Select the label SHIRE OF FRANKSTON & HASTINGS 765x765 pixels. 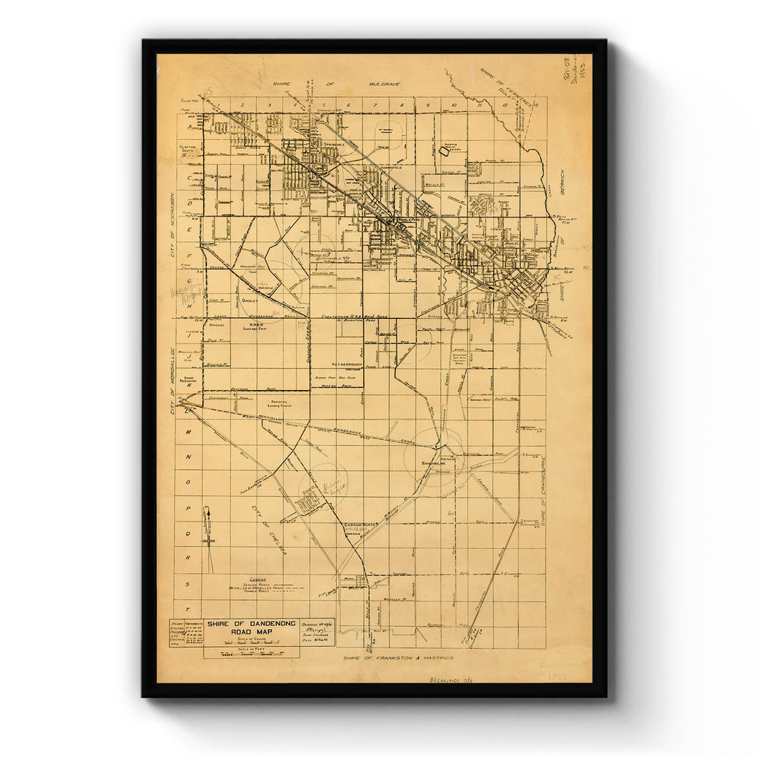click(397, 658)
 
